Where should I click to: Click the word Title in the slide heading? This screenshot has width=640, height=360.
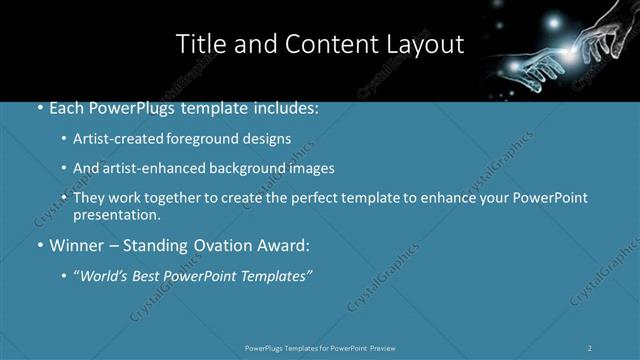pyautogui.click(x=201, y=44)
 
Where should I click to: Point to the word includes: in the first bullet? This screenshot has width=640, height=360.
pyautogui.click(x=285, y=107)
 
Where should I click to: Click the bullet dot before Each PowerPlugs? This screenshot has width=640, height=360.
pyautogui.click(x=39, y=107)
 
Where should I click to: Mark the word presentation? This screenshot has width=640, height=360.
pyautogui.click(x=117, y=214)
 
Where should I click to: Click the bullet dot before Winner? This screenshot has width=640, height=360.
pyautogui.click(x=39, y=244)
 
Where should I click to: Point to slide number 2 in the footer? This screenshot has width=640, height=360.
pyautogui.click(x=590, y=348)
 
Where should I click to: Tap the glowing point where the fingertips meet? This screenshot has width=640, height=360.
pyautogui.click(x=571, y=48)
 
